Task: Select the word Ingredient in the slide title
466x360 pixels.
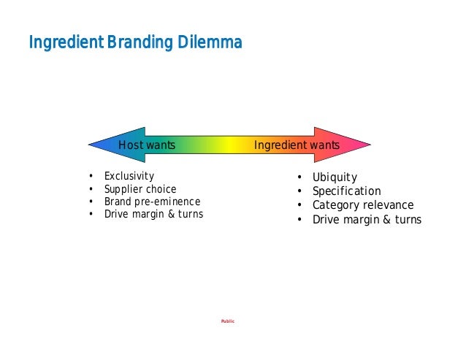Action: (66, 43)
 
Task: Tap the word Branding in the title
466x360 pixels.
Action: (141, 43)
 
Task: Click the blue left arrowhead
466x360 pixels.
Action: (106, 145)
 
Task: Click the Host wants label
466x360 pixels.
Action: (147, 145)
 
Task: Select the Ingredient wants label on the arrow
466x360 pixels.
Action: (297, 145)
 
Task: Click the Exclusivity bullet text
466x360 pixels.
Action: (129, 176)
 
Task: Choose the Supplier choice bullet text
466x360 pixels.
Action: (140, 189)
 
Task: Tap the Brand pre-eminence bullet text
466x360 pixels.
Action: (152, 202)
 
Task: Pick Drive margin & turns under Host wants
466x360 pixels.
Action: (153, 214)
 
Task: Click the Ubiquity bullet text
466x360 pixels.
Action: (335, 177)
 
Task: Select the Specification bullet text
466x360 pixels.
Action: (347, 191)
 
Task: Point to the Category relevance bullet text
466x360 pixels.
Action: (363, 205)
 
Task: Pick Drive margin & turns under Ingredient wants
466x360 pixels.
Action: (367, 219)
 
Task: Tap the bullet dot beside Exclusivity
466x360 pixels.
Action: (91, 177)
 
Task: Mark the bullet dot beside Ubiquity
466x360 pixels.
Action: (299, 178)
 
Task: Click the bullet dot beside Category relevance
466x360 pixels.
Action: (299, 206)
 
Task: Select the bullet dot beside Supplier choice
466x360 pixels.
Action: (91, 189)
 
